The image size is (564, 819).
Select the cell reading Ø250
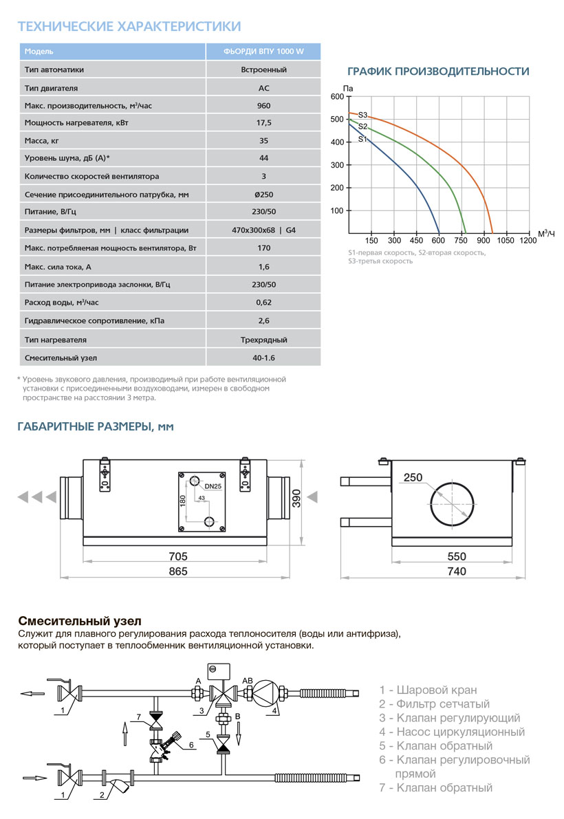(263, 195)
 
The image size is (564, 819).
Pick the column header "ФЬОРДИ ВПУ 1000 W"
(263, 52)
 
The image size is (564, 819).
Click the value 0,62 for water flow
(263, 303)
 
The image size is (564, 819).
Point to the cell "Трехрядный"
(263, 340)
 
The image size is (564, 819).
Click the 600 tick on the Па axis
(336, 97)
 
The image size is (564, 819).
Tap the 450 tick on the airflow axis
(416, 241)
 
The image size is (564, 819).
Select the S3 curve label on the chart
(362, 115)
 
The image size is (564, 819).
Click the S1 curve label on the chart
(362, 139)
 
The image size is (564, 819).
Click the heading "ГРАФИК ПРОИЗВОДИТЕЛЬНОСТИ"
(438, 72)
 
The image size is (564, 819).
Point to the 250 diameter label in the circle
(413, 478)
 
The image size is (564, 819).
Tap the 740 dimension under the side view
(456, 571)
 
